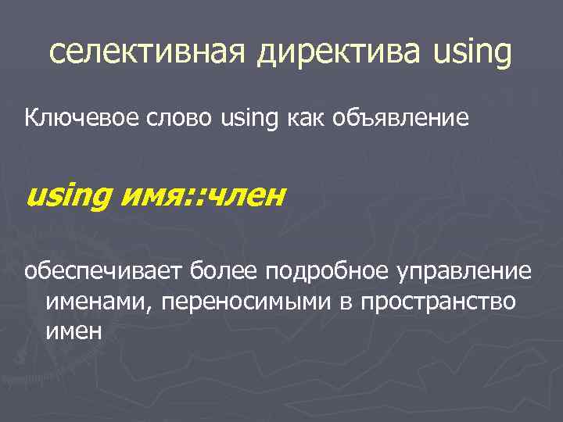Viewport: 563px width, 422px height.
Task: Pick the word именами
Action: (99, 301)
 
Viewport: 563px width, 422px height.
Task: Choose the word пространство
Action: (438, 301)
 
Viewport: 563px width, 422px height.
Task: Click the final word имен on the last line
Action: (74, 329)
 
